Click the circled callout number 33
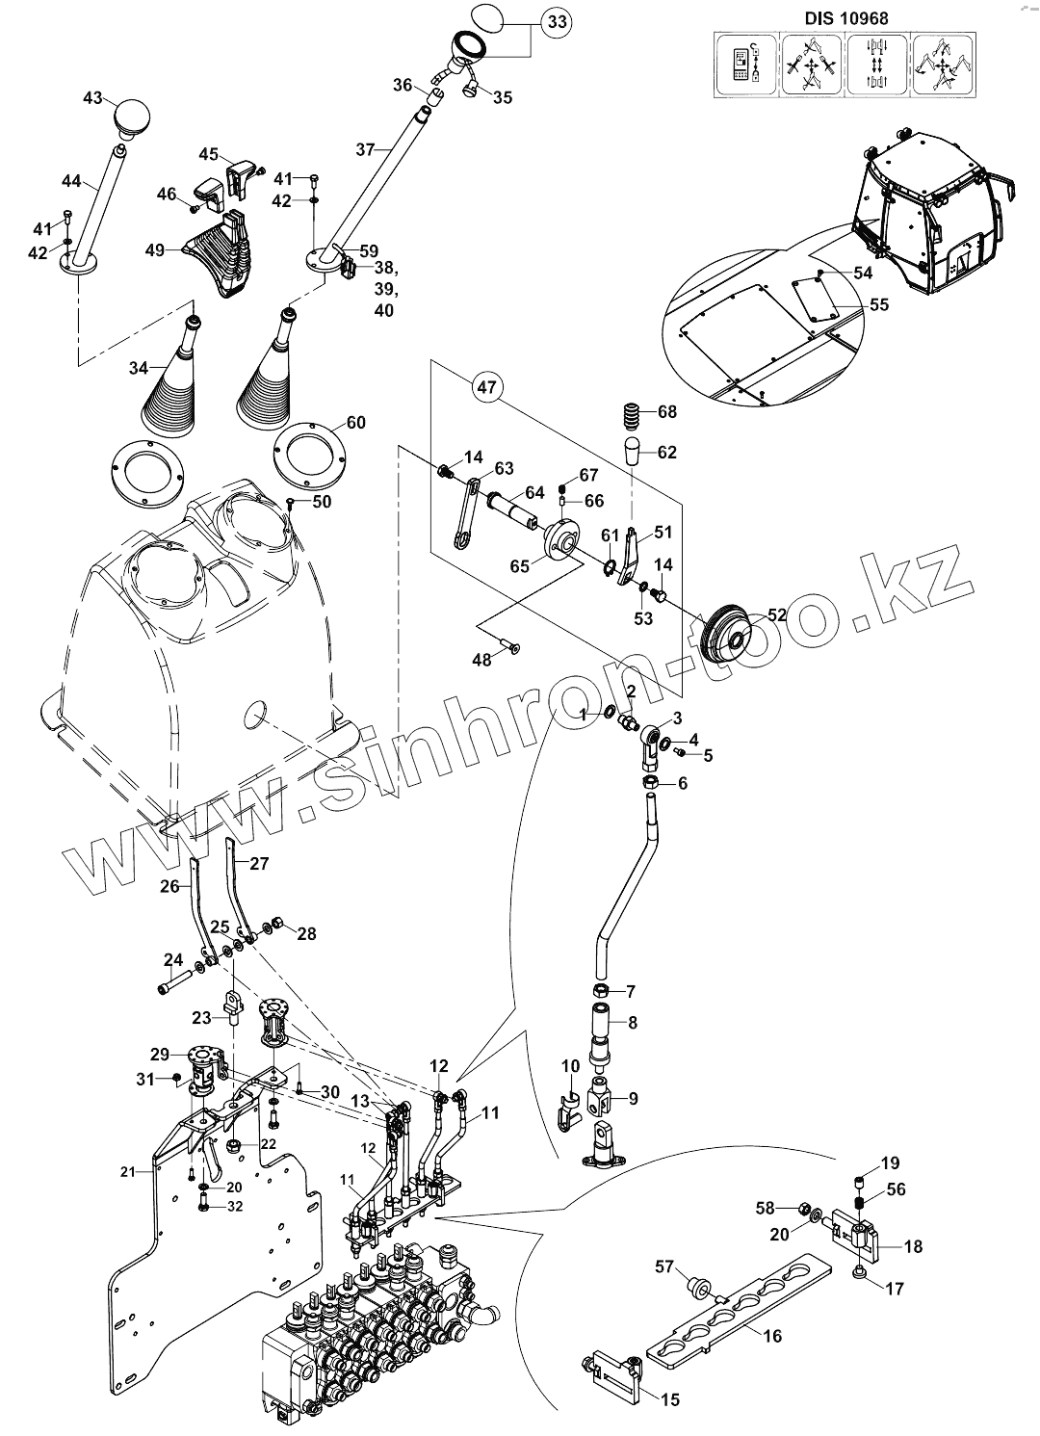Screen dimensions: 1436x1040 click(558, 21)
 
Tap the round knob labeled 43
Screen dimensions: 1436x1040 click(128, 119)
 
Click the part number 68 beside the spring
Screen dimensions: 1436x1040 click(667, 411)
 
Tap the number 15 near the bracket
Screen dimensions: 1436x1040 click(670, 1399)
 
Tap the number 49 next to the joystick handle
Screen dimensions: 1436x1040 click(155, 250)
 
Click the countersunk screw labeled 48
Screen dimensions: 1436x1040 click(509, 650)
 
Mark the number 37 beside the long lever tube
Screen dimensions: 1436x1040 click(364, 149)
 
